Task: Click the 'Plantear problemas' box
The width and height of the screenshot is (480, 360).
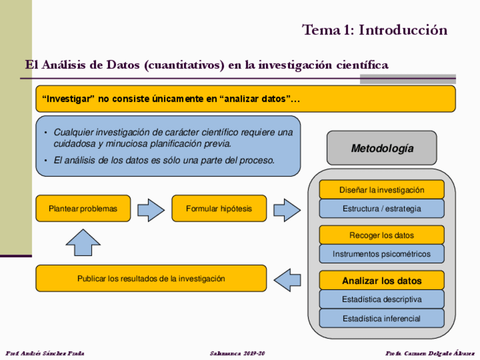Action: coord(83,208)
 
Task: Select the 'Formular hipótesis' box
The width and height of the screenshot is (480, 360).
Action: coord(219,208)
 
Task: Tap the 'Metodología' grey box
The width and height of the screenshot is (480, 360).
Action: coord(382,148)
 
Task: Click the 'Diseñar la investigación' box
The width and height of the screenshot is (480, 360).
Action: coord(382,190)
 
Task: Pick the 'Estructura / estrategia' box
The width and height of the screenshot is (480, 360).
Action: coord(382,208)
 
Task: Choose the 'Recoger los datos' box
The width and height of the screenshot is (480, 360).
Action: coord(382,235)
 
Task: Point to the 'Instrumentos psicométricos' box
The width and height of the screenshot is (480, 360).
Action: coord(382,254)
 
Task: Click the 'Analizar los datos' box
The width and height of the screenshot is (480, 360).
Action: coord(382,281)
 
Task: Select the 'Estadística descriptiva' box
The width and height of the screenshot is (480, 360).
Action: coord(382,299)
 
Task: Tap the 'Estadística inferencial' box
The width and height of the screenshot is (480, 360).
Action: coord(382,318)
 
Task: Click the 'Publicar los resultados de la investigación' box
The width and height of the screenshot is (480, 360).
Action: coord(151,278)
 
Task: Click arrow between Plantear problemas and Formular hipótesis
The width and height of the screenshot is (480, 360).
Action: coord(151,209)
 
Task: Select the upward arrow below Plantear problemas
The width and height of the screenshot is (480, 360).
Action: coord(83,242)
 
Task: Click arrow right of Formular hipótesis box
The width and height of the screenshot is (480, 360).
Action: coord(287,209)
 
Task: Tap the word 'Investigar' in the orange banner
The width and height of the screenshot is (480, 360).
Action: coord(67,99)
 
